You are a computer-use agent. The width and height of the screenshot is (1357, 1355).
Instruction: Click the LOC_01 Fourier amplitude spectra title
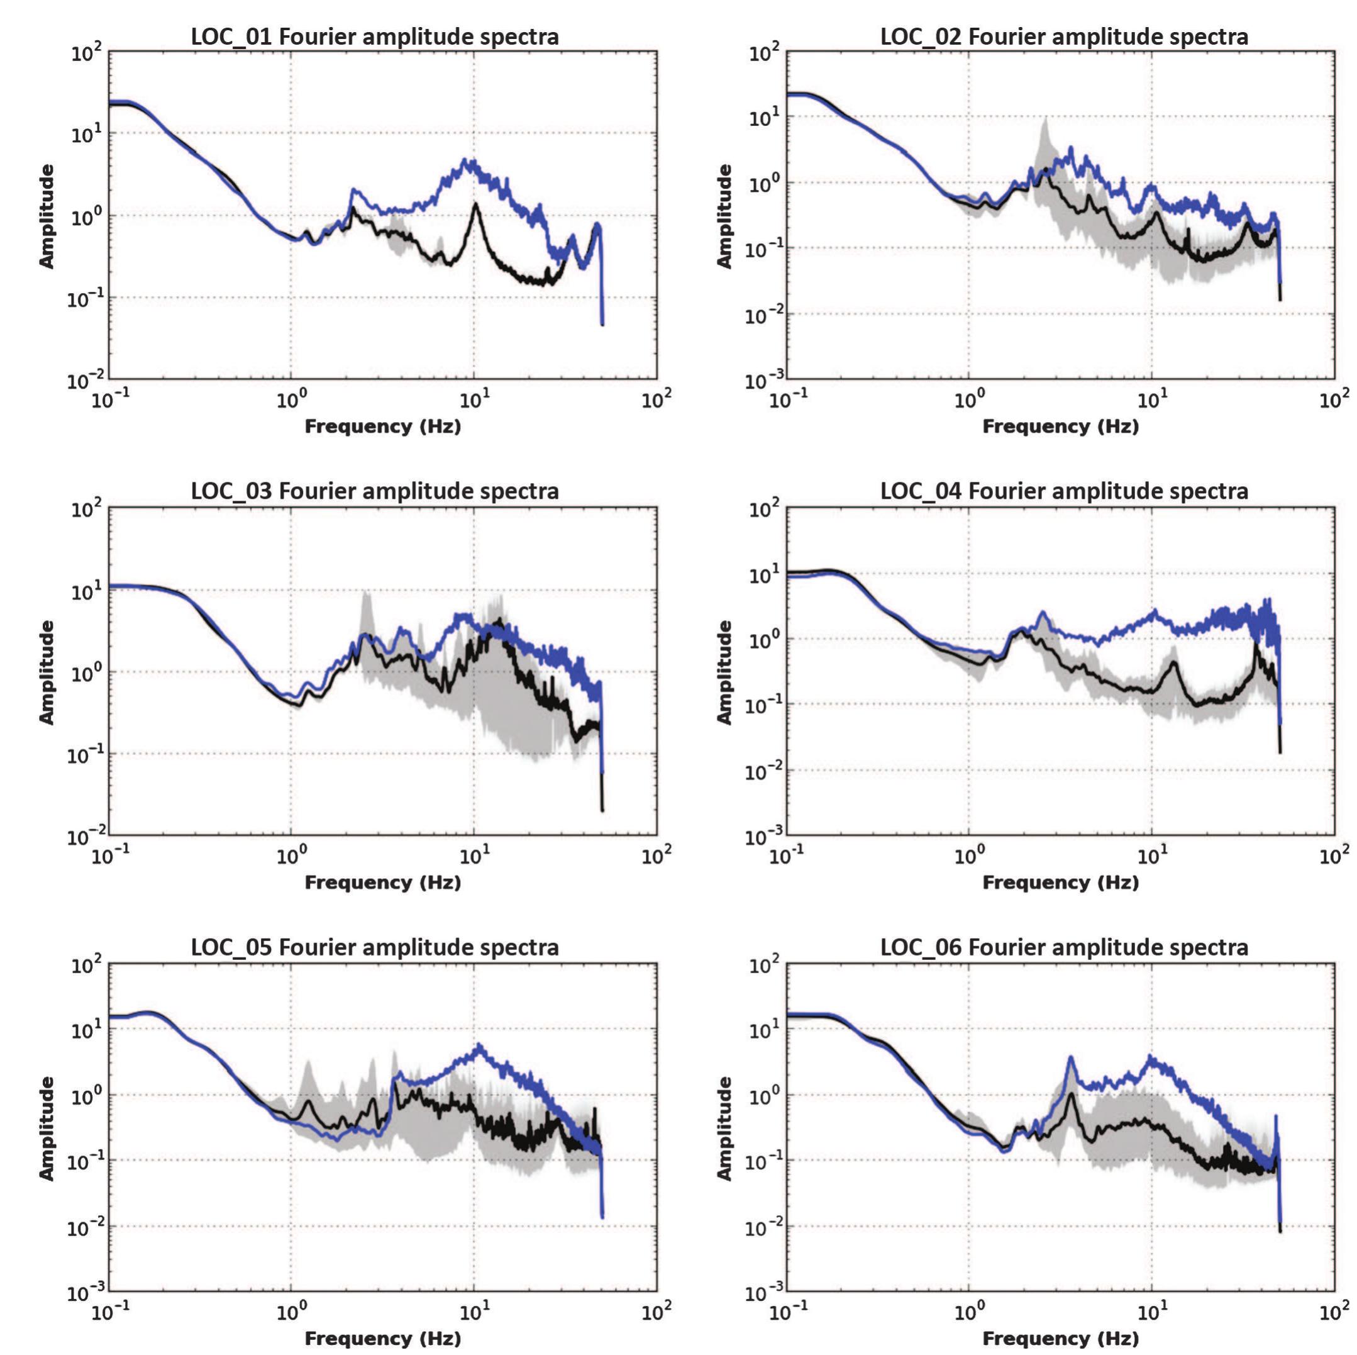pyautogui.click(x=375, y=36)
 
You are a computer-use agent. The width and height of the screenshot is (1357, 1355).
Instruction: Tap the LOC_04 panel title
pyautogui.click(x=1064, y=491)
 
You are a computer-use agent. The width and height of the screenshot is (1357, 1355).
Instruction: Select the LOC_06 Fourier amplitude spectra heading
pyautogui.click(x=1064, y=947)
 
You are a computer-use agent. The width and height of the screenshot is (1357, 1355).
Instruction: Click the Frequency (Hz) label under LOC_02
pyautogui.click(x=1060, y=426)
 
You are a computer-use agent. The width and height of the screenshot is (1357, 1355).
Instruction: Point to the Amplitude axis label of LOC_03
pyautogui.click(x=47, y=672)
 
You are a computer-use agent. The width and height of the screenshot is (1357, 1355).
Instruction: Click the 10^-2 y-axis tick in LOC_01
pyautogui.click(x=86, y=380)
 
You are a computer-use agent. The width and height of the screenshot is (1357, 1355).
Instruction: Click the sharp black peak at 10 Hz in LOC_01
pyautogui.click(x=476, y=204)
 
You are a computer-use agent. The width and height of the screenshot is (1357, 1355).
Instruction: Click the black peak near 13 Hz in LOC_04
pyautogui.click(x=1173, y=662)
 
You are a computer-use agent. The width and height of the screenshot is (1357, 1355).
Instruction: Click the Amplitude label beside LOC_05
pyautogui.click(x=47, y=1128)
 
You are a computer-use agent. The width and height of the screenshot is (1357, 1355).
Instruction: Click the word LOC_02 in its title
pyautogui.click(x=921, y=36)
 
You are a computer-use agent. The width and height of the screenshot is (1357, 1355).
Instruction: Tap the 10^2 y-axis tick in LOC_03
pyautogui.click(x=86, y=508)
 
